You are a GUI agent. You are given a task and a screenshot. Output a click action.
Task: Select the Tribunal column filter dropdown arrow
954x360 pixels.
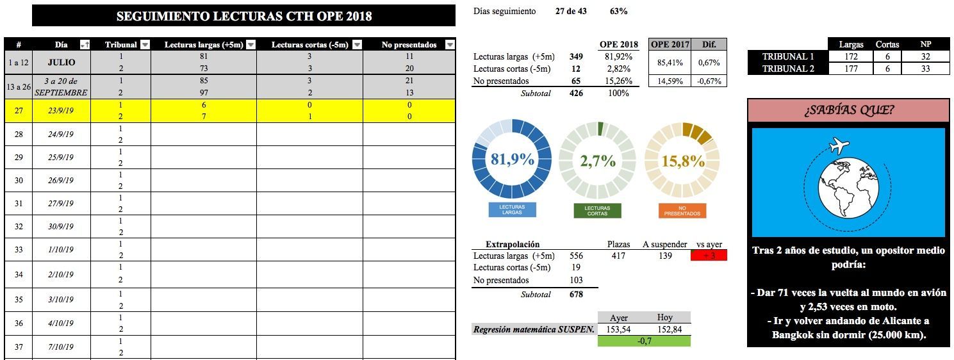[x=145, y=45]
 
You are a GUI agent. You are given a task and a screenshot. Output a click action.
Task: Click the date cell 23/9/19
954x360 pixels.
[x=61, y=110]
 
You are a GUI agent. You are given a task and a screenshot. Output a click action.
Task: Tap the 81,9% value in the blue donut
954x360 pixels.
[x=512, y=160]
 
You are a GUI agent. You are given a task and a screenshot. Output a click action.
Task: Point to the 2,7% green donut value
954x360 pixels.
[x=598, y=161]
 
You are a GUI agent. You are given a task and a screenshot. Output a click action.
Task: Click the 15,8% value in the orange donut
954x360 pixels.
[x=683, y=161]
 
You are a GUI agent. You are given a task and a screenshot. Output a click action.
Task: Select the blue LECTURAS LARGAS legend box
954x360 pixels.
[x=512, y=210]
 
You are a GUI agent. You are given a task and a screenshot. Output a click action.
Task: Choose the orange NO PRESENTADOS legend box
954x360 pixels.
[x=682, y=210]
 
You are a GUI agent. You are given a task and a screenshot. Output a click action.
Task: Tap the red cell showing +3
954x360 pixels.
[x=709, y=256]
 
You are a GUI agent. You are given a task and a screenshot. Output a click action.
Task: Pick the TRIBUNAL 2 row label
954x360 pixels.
[x=788, y=69]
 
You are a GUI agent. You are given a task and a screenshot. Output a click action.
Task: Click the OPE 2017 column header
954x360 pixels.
[x=670, y=45]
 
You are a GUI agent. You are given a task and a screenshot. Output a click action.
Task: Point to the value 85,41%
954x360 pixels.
[x=670, y=63]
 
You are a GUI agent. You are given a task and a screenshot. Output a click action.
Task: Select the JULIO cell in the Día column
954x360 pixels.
[x=61, y=62]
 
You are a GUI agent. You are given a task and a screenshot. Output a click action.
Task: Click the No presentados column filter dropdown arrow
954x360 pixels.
[x=450, y=45]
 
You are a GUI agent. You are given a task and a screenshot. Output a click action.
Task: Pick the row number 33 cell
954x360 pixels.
[x=19, y=250]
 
